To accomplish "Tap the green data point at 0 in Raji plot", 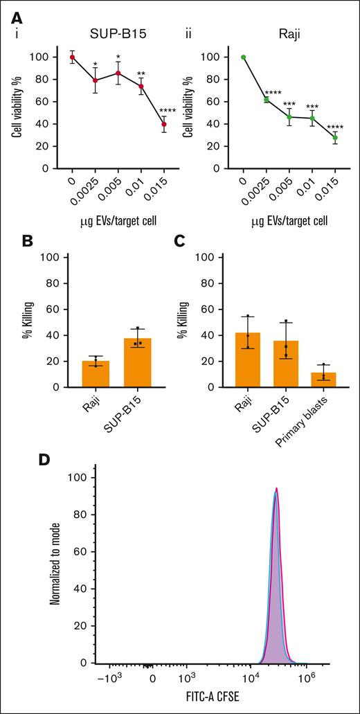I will (x=243, y=57).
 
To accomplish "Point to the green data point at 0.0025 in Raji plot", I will (x=267, y=100).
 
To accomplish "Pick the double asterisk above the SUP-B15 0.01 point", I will (x=141, y=74).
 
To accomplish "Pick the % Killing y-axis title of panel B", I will (x=48, y=322).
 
